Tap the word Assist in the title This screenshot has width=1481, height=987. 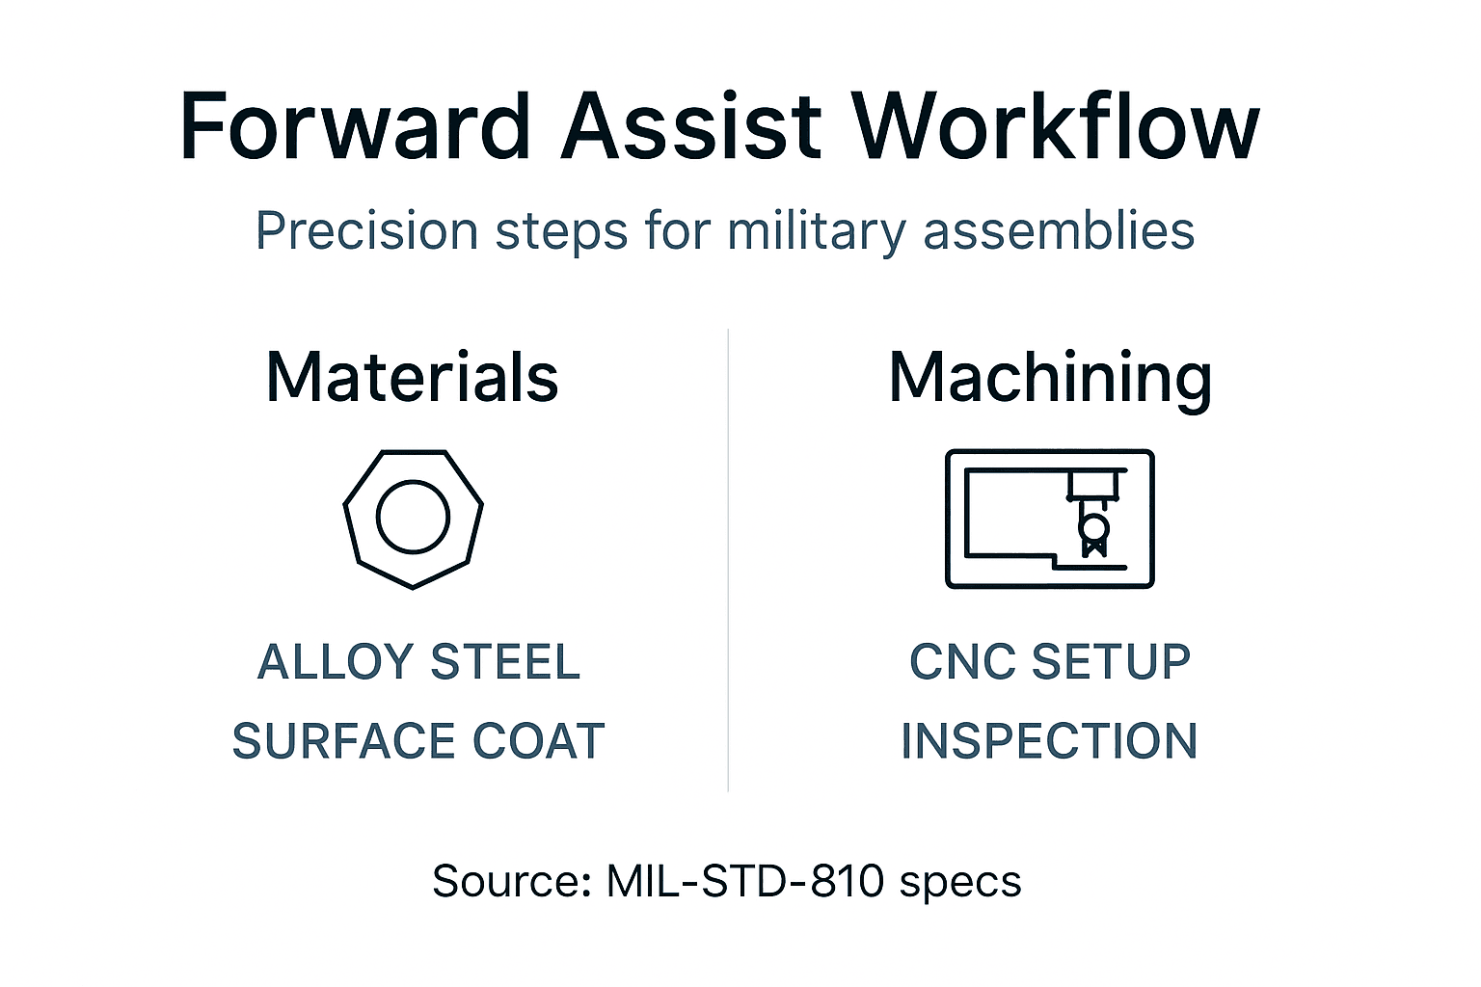pyautogui.click(x=691, y=127)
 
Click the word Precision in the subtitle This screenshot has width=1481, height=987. pyautogui.click(x=366, y=232)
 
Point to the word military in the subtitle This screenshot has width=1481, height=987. pyautogui.click(x=815, y=232)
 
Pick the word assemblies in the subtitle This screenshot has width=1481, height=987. pyautogui.click(x=1059, y=232)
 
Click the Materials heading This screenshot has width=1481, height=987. pyautogui.click(x=412, y=377)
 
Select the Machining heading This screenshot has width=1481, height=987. pyautogui.click(x=1050, y=379)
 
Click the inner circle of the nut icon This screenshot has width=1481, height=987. pyautogui.click(x=413, y=517)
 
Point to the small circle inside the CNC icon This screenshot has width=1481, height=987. pyautogui.click(x=1093, y=527)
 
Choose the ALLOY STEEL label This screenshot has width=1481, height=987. pyautogui.click(x=418, y=662)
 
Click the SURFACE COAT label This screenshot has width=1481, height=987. pyautogui.click(x=418, y=741)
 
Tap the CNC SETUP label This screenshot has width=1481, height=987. pyautogui.click(x=1050, y=662)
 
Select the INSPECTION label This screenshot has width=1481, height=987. pyautogui.click(x=1049, y=741)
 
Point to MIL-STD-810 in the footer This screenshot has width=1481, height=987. pyautogui.click(x=744, y=881)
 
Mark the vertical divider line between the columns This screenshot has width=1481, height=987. pyautogui.click(x=728, y=559)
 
